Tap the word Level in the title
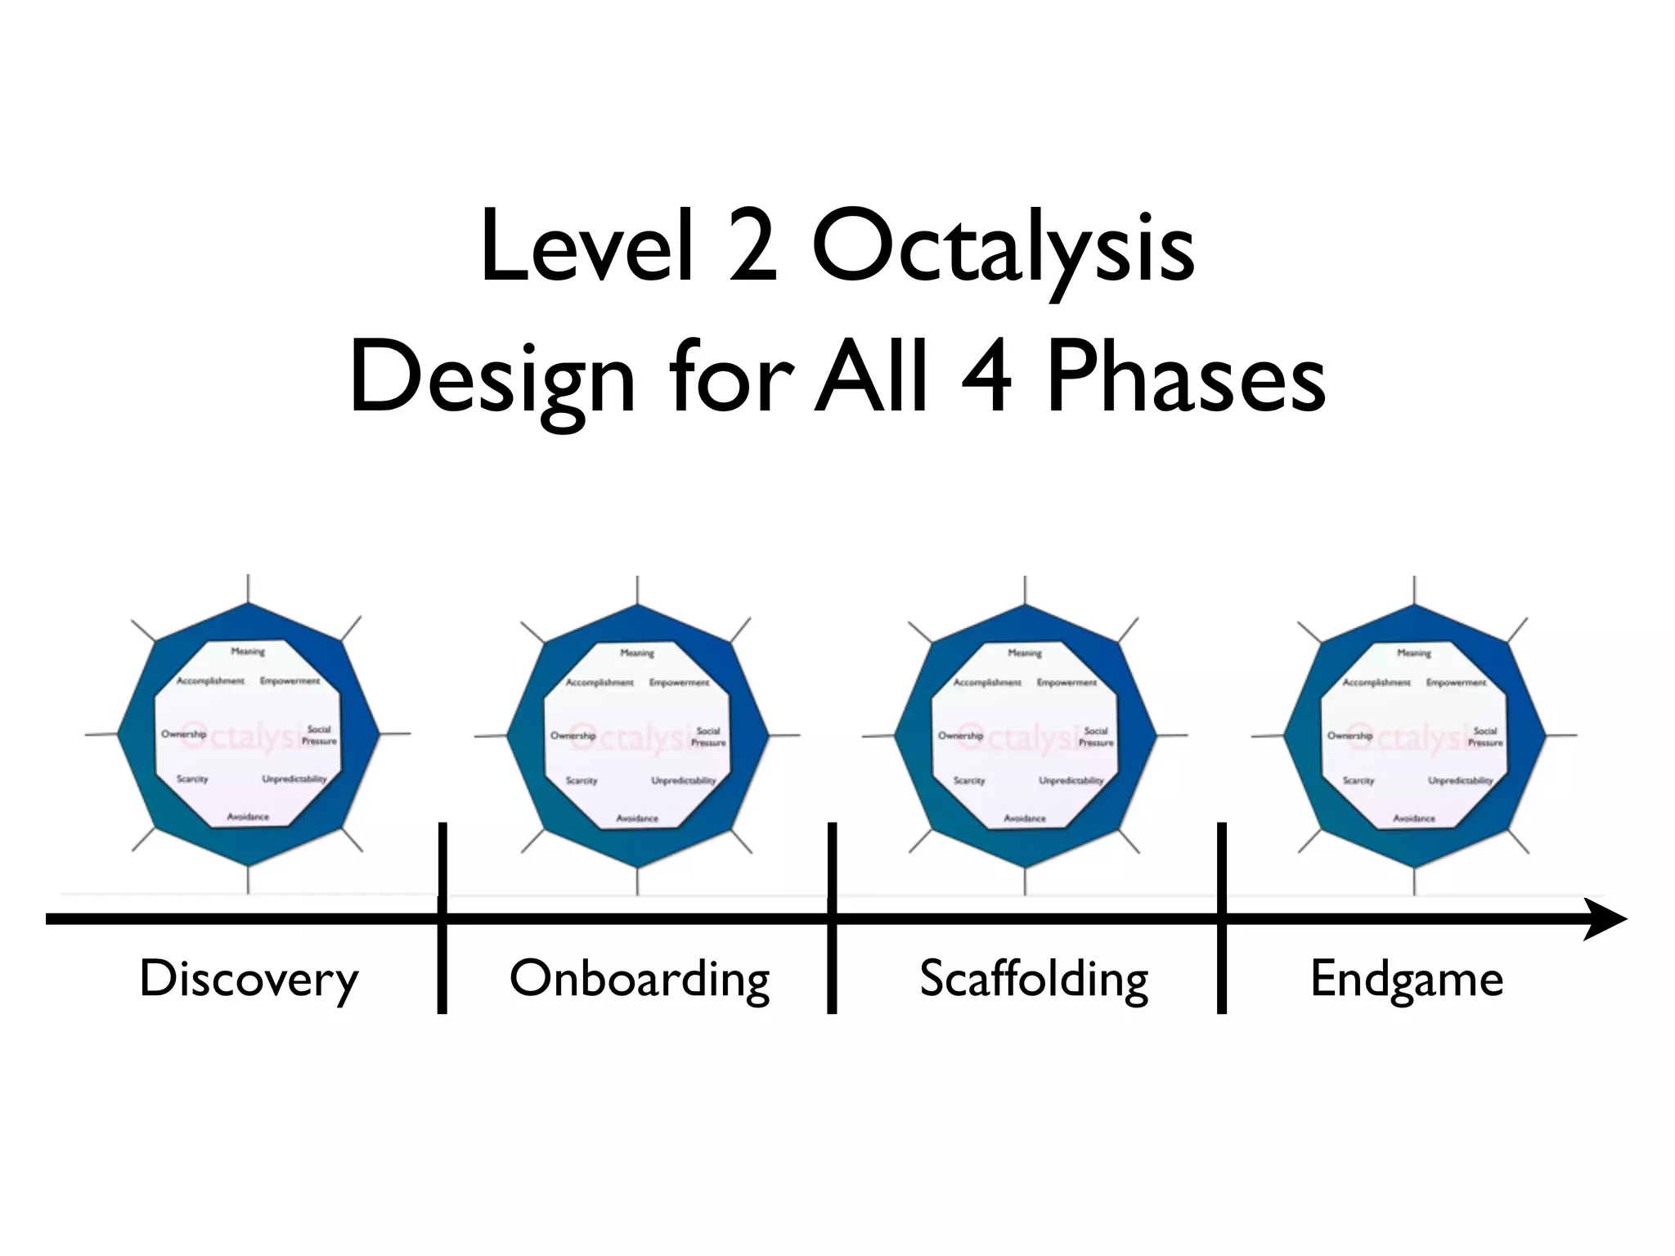pyautogui.click(x=587, y=246)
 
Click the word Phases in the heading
pyautogui.click(x=1186, y=379)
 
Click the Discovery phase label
pyautogui.click(x=249, y=980)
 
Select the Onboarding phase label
pyautogui.click(x=640, y=980)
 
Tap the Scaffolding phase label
pyautogui.click(x=1034, y=980)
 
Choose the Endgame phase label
pyautogui.click(x=1407, y=980)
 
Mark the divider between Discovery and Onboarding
pyautogui.click(x=442, y=917)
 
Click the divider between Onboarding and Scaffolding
pyautogui.click(x=832, y=917)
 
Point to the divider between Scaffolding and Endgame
pyautogui.click(x=1222, y=917)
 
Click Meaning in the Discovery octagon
pyautogui.click(x=248, y=652)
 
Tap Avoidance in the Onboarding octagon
pyautogui.click(x=637, y=819)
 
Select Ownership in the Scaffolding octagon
pyautogui.click(x=960, y=736)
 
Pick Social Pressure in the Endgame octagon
pyautogui.click(x=1485, y=737)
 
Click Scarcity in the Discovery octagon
pyautogui.click(x=192, y=779)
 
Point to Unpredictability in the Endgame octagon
pyautogui.click(x=1461, y=781)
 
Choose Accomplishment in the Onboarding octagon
pyautogui.click(x=599, y=683)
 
